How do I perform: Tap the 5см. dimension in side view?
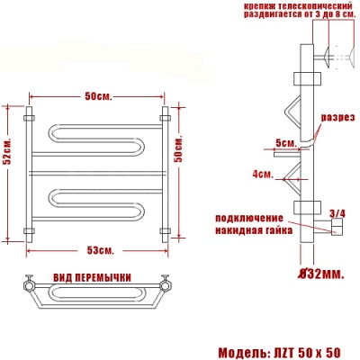coord(286,143)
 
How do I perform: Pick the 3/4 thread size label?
coord(338,213)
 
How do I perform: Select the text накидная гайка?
coord(253,231)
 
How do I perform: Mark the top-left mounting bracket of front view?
coord(29,117)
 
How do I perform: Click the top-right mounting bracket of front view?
coord(164,117)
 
